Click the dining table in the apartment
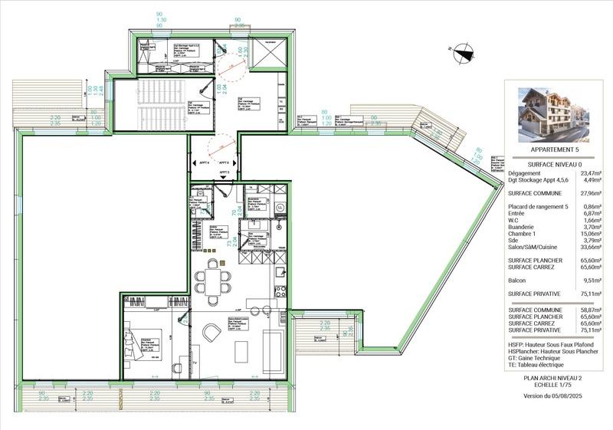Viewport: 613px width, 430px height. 211,279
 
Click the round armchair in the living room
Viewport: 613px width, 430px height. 212,332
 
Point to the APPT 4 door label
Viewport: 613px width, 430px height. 205,163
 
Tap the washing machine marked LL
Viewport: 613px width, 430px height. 280,207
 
